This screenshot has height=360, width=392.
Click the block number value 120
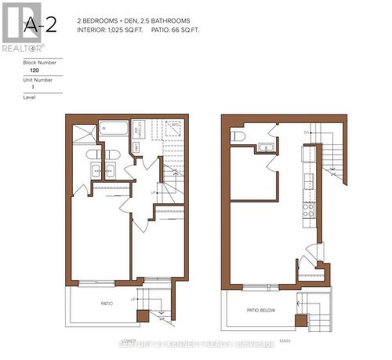pos(33,70)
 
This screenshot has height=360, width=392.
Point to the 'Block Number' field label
pos(38,60)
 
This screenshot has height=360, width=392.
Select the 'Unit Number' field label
pos(38,79)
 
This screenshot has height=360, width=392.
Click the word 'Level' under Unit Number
pos(31,98)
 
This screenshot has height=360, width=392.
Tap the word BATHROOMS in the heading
pos(181,20)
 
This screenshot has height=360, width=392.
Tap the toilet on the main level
pos(239,137)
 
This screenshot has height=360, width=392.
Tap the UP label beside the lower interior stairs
pos(152,191)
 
